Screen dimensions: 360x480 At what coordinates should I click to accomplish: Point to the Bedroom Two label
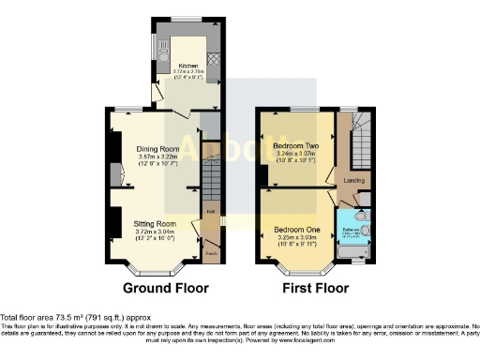295,147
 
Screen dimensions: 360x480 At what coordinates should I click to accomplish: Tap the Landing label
354,180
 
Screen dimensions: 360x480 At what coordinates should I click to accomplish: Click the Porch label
213,252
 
